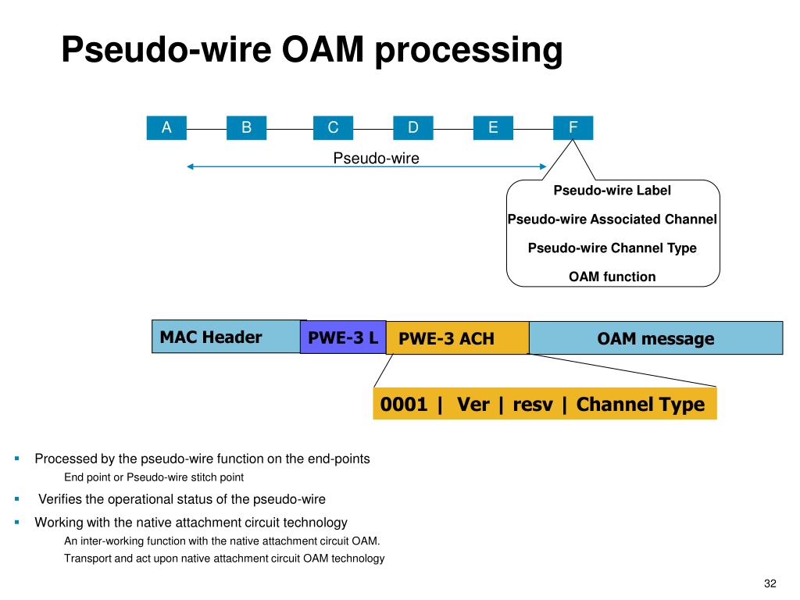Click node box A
tap(166, 127)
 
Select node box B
tap(246, 127)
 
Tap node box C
tap(333, 127)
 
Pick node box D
tap(413, 127)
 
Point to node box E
tap(494, 127)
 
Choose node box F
tap(573, 127)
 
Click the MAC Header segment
tap(226, 337)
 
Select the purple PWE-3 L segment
tap(343, 337)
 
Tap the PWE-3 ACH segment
tap(458, 337)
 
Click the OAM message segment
tap(656, 337)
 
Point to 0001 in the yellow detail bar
tap(404, 404)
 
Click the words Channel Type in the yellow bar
tap(641, 405)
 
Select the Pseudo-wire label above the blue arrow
tap(376, 158)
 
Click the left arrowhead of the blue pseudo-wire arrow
tap(190, 166)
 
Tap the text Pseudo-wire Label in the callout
tap(612, 191)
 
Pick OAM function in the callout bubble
tap(612, 277)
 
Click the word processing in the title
tap(469, 51)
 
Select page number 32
tap(770, 583)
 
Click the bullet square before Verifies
tap(17, 498)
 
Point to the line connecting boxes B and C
tap(290, 129)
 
